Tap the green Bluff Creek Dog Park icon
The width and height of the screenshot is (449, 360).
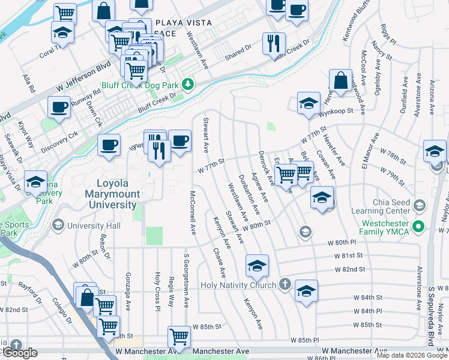click(188, 84)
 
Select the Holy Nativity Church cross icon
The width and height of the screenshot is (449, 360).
click(285, 284)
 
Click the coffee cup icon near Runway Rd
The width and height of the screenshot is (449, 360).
click(59, 107)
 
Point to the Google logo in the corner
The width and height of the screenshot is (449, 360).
click(19, 353)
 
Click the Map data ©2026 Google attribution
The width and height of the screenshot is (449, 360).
click(411, 355)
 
